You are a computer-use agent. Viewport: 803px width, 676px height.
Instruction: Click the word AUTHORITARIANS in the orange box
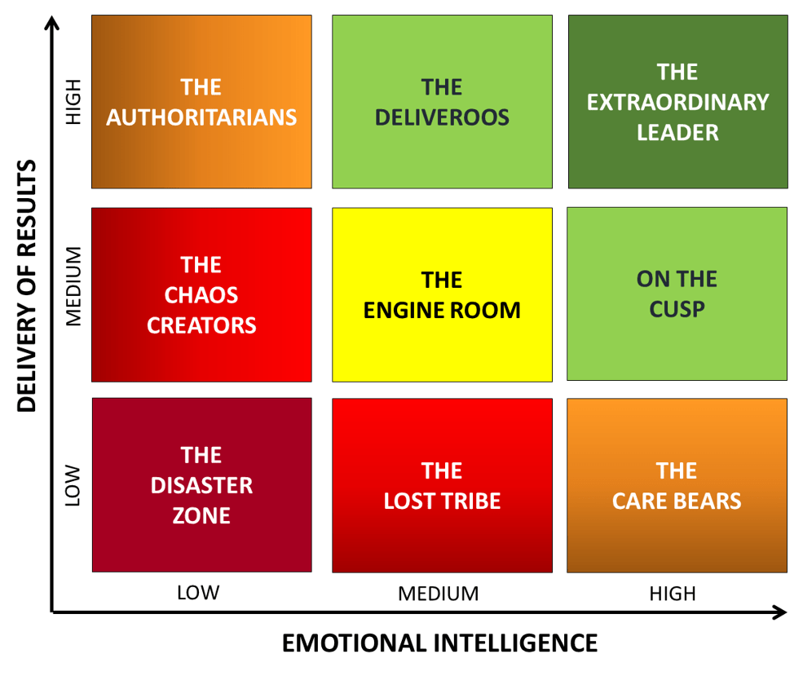201,117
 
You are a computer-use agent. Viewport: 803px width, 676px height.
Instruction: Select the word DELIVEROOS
442,117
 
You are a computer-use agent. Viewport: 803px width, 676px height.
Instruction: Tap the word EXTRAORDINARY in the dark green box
677,102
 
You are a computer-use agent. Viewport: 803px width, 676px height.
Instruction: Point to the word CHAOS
201,295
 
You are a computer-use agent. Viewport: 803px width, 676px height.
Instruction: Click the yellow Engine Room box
442,294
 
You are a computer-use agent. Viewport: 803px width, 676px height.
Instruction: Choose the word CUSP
677,309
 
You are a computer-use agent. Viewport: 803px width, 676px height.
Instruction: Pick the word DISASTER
201,485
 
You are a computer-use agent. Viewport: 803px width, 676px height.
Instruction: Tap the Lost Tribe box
442,485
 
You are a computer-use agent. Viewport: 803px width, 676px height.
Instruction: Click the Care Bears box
677,485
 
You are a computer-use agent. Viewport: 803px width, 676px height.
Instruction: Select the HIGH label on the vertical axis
73,102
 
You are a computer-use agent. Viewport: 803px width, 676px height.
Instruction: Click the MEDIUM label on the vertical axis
73,286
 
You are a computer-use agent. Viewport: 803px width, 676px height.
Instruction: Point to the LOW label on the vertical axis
73,485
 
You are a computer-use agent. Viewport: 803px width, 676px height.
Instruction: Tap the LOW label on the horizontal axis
198,593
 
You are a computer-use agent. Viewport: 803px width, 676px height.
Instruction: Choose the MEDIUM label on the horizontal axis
439,594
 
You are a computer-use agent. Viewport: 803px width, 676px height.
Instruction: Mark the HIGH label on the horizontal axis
673,594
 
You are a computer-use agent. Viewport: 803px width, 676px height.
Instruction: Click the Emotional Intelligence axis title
440,643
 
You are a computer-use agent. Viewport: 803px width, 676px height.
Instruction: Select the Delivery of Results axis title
27,285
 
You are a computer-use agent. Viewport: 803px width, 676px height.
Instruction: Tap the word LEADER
677,133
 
